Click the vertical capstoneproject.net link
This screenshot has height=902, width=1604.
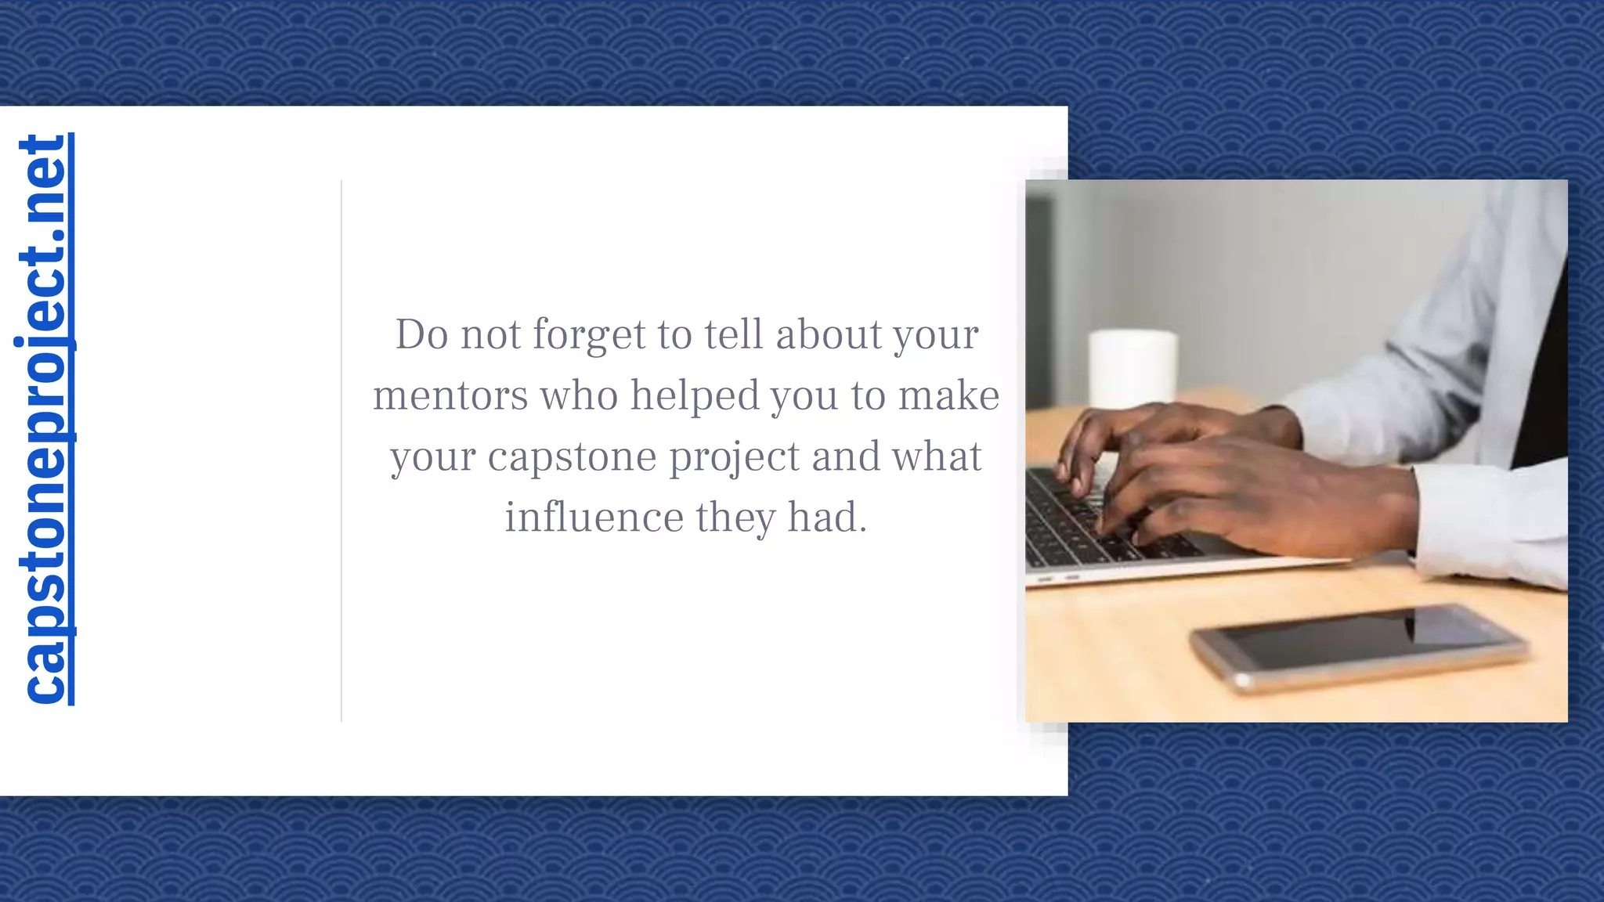45,419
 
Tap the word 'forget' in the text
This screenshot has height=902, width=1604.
588,335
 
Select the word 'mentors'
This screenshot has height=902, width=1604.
450,395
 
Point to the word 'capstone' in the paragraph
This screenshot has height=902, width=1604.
572,457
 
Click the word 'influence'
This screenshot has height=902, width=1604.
594,518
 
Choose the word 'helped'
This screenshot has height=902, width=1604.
695,395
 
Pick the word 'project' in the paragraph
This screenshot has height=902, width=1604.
734,457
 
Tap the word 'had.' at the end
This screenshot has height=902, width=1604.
827,518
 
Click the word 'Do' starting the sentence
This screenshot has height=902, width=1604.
421,334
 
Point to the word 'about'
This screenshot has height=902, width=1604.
829,334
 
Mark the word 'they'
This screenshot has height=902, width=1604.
735,518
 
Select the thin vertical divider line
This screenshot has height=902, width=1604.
341,450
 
